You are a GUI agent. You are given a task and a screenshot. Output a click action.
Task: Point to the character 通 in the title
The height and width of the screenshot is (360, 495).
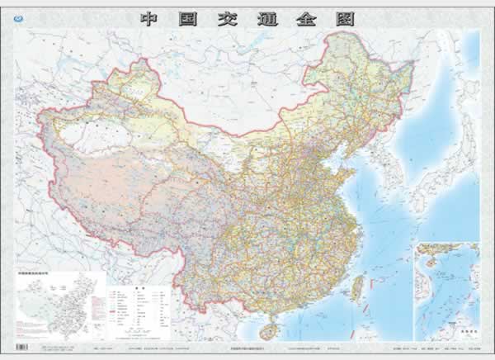point(266,18)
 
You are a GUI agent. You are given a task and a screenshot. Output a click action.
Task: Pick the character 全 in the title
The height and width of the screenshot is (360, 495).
point(304,18)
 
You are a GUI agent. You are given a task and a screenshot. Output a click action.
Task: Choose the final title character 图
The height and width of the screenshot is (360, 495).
point(343,18)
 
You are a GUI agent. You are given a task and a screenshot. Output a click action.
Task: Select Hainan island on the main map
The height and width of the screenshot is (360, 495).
point(267,329)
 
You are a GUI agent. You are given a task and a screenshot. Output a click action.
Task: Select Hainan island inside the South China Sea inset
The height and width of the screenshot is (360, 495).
point(428,263)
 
